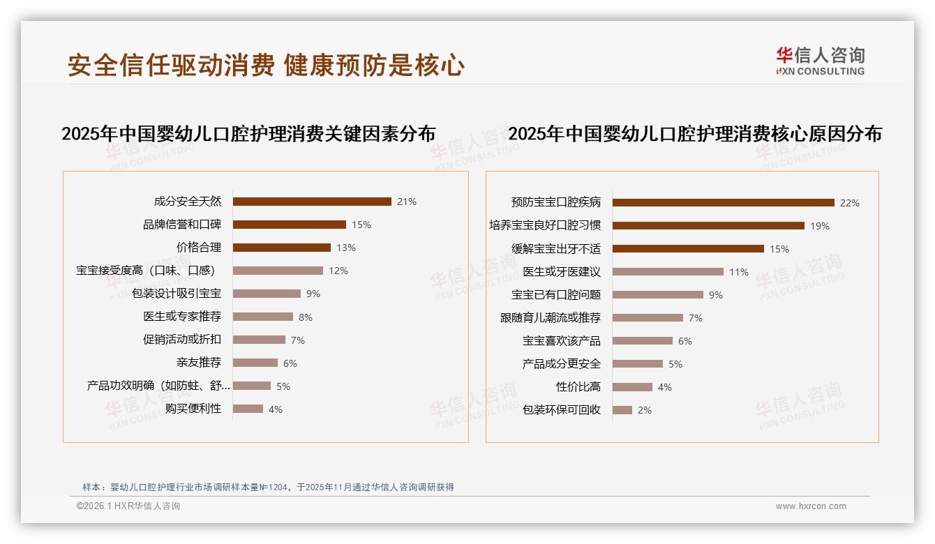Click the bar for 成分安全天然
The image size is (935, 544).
[312, 202]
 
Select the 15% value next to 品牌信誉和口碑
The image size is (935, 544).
[361, 225]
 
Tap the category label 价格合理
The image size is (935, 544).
[199, 248]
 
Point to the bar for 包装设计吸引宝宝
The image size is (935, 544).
[267, 294]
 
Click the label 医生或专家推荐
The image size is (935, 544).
[182, 317]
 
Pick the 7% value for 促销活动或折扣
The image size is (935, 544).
[298, 340]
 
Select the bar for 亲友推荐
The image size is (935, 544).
[255, 363]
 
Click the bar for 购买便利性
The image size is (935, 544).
[248, 409]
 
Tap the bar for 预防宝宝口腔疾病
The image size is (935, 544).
[723, 203]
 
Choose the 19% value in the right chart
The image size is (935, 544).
[820, 226]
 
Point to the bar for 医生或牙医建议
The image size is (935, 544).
[668, 272]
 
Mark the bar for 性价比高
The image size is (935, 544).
[632, 387]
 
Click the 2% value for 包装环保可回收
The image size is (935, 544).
[645, 410]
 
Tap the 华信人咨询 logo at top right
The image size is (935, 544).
[820, 61]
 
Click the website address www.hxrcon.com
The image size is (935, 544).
[811, 506]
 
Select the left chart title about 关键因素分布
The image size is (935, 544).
[248, 134]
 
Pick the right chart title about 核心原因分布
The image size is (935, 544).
[695, 134]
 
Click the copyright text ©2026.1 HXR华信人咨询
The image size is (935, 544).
[128, 506]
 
